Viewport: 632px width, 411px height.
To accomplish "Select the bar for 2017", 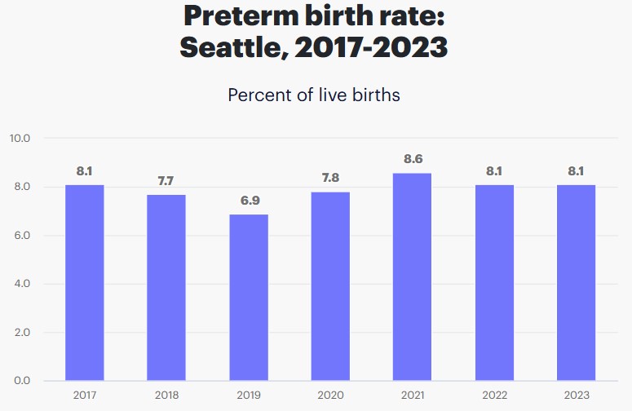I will point(85,282).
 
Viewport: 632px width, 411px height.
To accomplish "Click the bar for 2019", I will point(249,297).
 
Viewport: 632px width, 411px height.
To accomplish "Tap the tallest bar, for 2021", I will point(412,276).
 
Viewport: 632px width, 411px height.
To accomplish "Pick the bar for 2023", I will point(576,282).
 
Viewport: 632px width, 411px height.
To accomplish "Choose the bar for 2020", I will point(330,286).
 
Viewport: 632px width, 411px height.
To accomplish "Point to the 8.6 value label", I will point(412,159).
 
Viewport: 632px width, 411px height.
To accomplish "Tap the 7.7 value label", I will point(166,181).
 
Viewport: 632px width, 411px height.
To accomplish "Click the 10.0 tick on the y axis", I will point(20,139).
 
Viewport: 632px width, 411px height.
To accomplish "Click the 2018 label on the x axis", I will point(166,396).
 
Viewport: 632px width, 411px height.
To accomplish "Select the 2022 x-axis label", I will point(494,396).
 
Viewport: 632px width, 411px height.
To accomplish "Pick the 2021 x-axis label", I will point(412,396).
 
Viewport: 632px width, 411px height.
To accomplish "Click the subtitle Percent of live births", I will point(314,95).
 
